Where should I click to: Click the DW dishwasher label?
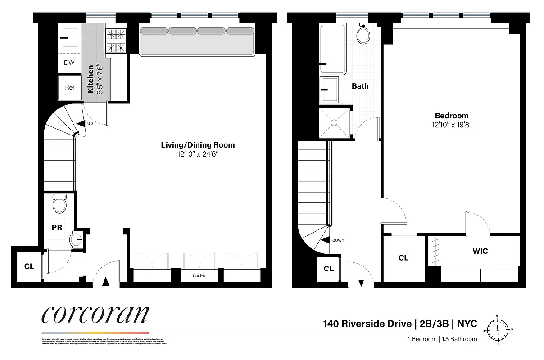coord(69,63)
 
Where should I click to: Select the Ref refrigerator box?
coord(70,87)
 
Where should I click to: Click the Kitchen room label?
coord(91,79)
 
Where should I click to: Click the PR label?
coord(57,228)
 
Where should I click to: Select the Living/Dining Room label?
coord(198,145)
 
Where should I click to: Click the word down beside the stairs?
coord(338,240)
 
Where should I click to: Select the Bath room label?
coord(360,86)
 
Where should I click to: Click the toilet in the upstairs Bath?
coord(363,34)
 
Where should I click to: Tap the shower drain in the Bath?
coord(334,121)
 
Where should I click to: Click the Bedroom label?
coord(451,116)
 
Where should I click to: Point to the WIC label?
coord(480,251)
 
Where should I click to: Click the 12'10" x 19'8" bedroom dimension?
coord(451,125)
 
